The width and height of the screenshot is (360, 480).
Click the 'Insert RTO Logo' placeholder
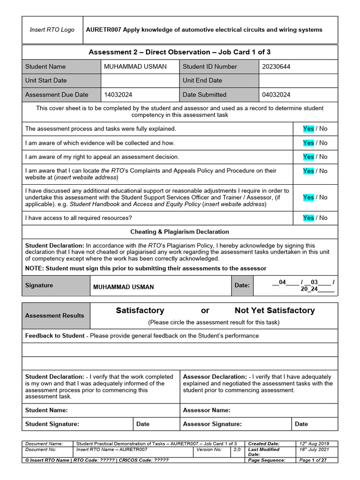(52, 30)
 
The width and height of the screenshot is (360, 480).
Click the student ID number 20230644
(276, 67)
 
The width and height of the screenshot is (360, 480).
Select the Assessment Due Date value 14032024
(118, 95)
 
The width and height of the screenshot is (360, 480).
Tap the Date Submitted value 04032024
(276, 95)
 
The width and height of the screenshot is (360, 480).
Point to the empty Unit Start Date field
(140, 81)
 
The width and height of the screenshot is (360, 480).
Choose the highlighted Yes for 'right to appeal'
(308, 157)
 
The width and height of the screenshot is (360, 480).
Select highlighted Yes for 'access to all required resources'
(308, 218)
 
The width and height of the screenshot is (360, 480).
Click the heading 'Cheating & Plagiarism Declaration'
(180, 232)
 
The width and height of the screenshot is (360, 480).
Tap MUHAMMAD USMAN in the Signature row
(124, 287)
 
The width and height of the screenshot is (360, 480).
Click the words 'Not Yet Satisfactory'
(275, 310)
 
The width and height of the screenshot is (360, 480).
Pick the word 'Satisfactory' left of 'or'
(140, 310)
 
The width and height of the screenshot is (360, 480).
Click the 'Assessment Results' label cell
(55, 315)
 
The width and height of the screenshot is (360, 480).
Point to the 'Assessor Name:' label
(207, 410)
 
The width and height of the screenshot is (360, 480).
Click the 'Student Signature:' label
(52, 424)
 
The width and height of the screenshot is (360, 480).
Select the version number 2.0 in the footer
(237, 450)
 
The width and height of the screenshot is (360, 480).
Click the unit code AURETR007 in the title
(104, 30)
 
